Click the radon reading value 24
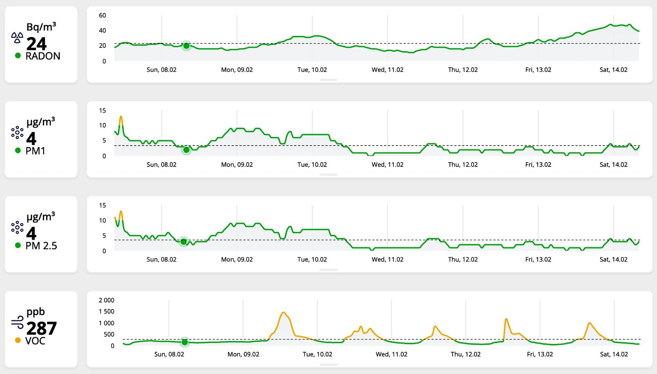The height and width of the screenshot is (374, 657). point(36,44)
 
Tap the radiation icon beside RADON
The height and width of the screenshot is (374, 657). point(17,38)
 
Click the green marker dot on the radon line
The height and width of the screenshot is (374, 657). point(186,46)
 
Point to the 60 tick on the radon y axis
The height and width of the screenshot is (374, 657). point(102,15)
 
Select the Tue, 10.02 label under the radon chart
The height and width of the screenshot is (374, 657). point(312,70)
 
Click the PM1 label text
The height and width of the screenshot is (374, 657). point(35,151)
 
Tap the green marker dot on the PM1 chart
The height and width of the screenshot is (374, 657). point(186,150)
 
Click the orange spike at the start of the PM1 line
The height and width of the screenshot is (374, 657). point(121,118)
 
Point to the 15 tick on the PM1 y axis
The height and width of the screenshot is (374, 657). point(102,110)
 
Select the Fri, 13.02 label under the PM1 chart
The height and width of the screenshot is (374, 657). point(538,165)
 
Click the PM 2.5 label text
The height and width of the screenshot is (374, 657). point(41,246)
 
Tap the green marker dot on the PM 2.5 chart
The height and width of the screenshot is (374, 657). point(183,242)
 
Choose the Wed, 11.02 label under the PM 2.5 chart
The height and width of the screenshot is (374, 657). point(388,259)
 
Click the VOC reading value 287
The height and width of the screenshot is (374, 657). point(41,328)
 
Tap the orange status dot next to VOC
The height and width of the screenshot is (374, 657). point(18,341)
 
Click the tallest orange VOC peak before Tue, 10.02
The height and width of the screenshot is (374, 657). point(284,313)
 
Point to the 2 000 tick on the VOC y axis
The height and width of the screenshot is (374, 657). point(107,300)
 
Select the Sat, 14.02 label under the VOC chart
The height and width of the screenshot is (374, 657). point(614,354)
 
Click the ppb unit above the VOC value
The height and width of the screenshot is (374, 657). point(36,312)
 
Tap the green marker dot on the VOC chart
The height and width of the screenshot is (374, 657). point(185,342)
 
